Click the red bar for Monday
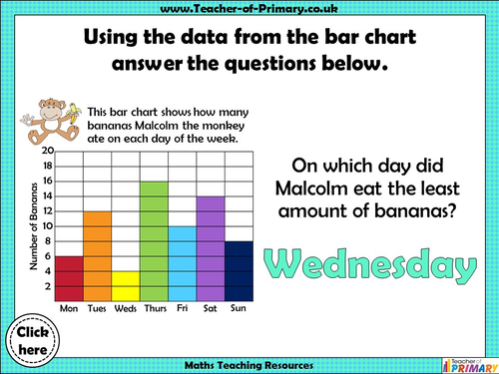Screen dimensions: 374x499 [69, 278]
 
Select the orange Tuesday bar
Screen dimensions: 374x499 [97, 256]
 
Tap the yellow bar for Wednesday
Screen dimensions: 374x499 [125, 285]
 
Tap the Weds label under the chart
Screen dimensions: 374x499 [125, 308]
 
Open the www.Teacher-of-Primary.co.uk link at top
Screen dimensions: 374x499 [249, 10]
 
